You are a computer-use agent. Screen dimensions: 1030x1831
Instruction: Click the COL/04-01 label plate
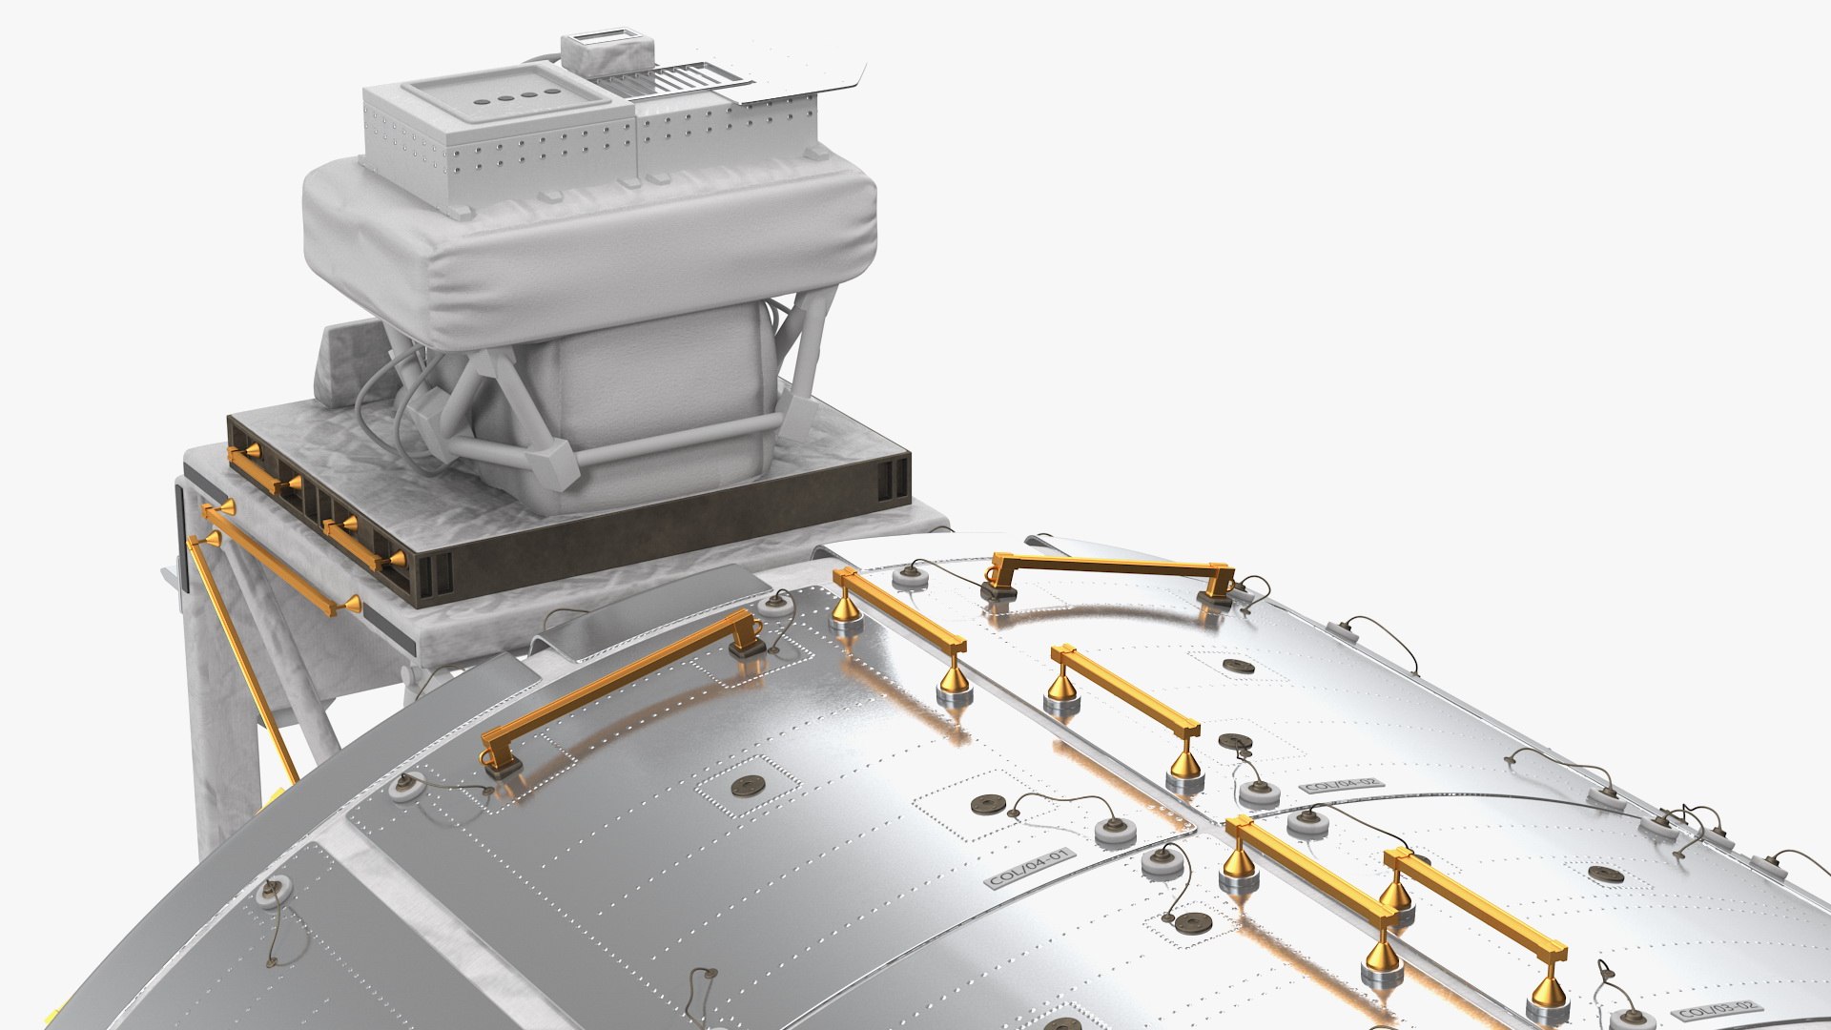click(x=1031, y=868)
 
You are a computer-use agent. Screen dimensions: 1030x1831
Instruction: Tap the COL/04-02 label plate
click(x=1342, y=786)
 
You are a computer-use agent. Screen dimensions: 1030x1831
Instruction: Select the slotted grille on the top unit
click(x=668, y=76)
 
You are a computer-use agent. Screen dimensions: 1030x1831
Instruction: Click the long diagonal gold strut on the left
click(x=238, y=658)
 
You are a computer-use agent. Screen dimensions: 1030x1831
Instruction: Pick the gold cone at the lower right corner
click(x=1547, y=992)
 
